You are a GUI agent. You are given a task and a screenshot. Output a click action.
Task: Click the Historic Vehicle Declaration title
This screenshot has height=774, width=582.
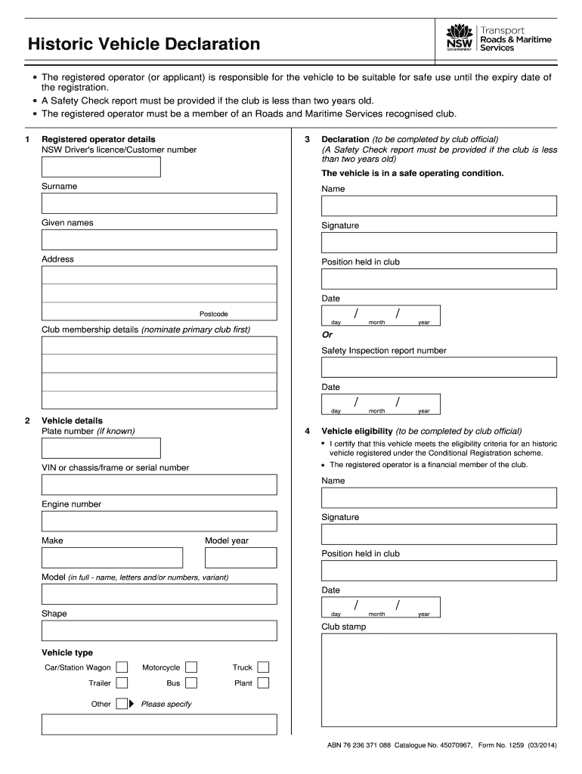144,45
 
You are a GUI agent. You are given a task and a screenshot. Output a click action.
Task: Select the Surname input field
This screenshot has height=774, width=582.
159,203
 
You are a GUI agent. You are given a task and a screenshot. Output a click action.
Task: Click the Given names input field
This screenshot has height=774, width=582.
159,240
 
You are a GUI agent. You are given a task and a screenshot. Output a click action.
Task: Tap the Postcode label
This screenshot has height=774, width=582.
213,314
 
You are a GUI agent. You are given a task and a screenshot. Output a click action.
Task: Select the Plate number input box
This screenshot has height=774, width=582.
101,448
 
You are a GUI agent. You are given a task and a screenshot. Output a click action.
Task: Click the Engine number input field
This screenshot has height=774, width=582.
159,521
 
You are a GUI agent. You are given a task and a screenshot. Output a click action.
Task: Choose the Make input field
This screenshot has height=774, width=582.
112,558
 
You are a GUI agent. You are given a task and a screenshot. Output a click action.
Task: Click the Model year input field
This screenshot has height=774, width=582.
241,558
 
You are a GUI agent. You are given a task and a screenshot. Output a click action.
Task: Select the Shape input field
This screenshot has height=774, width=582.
159,630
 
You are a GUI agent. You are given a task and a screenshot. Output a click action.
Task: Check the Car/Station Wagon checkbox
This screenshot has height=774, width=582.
122,667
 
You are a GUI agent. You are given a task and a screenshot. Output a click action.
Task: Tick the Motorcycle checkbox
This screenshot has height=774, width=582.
191,667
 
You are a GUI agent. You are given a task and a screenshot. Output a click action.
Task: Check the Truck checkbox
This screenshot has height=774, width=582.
263,667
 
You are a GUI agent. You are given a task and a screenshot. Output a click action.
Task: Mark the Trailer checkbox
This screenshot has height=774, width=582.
122,683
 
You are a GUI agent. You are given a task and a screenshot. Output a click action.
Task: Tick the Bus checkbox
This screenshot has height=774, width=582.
191,683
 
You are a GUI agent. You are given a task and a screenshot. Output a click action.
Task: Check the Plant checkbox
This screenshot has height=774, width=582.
263,683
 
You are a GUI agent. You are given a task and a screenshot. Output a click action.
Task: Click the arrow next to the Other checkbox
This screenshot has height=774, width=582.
132,704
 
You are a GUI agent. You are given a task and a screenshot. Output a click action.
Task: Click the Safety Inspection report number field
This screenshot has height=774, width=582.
439,367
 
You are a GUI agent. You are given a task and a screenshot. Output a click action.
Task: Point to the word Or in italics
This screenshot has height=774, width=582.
327,335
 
